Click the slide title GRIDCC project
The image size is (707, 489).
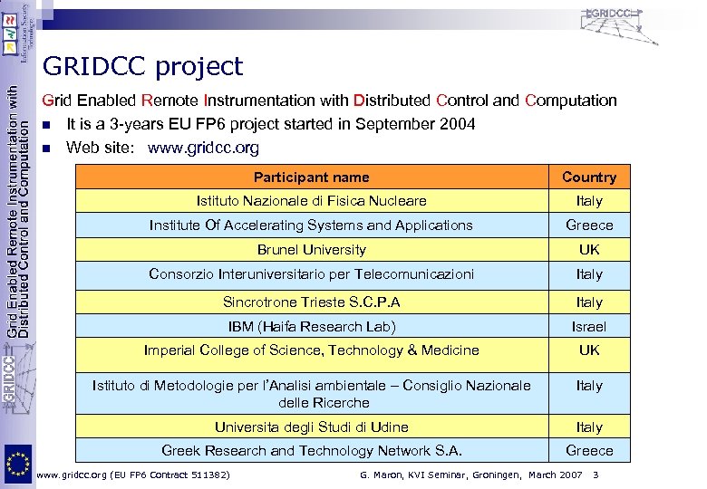click(142, 66)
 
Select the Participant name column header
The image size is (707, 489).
click(311, 177)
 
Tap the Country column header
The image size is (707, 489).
click(588, 177)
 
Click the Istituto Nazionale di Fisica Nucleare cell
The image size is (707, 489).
click(311, 201)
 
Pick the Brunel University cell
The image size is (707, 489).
click(311, 249)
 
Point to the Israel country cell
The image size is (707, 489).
click(588, 326)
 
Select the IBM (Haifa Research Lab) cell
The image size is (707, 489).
click(311, 326)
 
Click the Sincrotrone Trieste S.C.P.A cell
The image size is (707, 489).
click(311, 302)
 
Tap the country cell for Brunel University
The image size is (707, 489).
click(588, 249)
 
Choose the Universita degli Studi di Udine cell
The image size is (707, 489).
click(311, 427)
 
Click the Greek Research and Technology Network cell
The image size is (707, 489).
click(311, 450)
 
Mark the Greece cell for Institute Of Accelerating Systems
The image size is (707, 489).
click(588, 225)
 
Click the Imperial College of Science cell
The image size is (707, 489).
click(311, 350)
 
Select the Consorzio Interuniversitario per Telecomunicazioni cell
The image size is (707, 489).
click(311, 273)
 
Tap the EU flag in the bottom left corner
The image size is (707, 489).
click(16, 465)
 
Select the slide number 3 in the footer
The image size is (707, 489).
click(596, 475)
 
